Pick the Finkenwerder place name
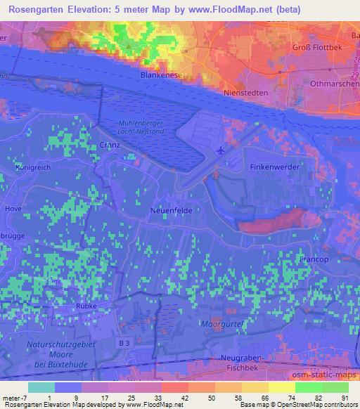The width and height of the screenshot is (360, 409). (275, 167)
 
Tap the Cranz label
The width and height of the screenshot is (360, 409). (110, 145)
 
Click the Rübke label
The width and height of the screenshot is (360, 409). (85, 307)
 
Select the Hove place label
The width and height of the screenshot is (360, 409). (13, 209)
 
